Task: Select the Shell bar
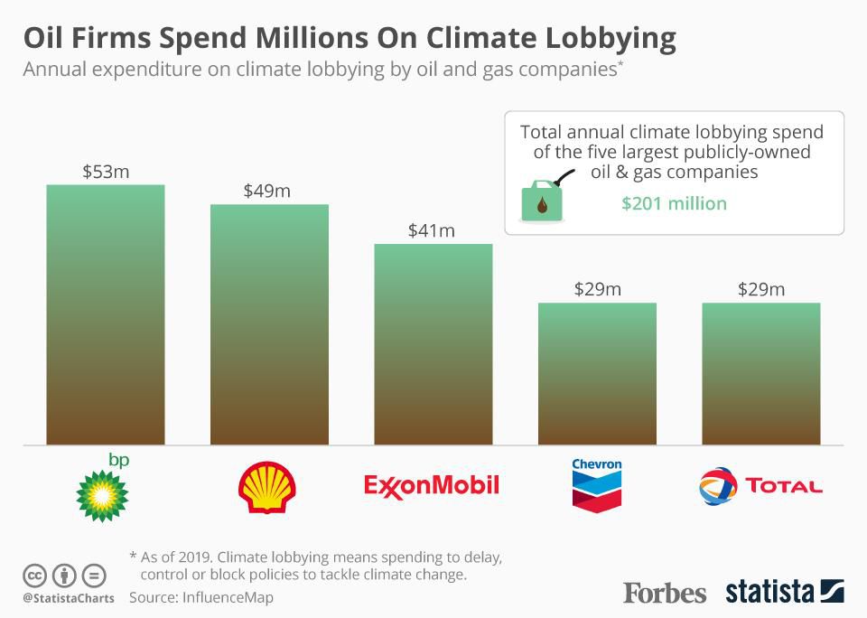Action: tap(269, 324)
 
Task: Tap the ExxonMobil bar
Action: tap(433, 344)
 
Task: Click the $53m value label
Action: tap(106, 172)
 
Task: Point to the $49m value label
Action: tap(269, 192)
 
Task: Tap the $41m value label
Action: tap(433, 231)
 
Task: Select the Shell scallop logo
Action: tap(266, 488)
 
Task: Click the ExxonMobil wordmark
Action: tap(432, 486)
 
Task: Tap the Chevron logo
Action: tap(597, 485)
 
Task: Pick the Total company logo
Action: tap(760, 486)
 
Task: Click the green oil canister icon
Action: tap(543, 201)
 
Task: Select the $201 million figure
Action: tap(674, 203)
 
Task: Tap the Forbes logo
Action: tap(665, 593)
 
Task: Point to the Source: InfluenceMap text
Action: tap(200, 597)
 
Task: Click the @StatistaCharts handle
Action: tap(68, 598)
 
